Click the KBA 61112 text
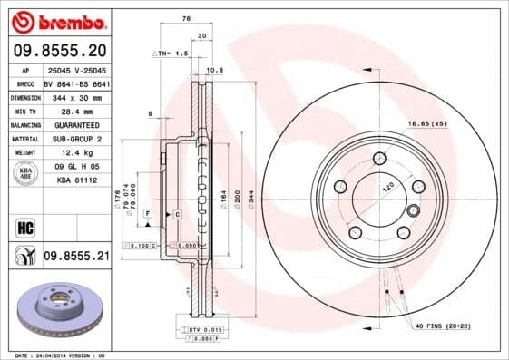pyautogui.click(x=76, y=180)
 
